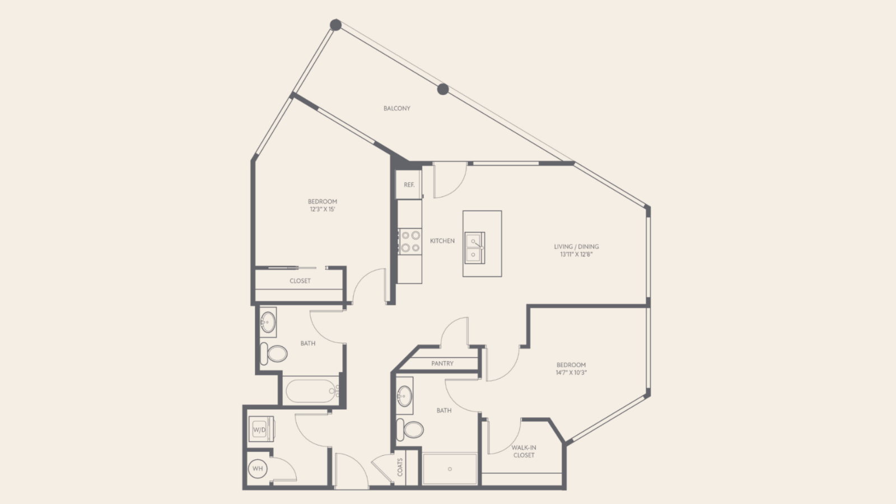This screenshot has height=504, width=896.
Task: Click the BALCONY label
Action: [x=397, y=109]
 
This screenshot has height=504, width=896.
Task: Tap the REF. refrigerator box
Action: [x=409, y=184]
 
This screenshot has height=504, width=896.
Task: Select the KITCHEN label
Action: [x=442, y=241]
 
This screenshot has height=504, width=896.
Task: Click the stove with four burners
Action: [x=410, y=241]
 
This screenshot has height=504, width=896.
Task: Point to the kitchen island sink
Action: [x=475, y=248]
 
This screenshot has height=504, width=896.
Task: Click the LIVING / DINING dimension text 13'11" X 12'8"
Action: [x=576, y=254]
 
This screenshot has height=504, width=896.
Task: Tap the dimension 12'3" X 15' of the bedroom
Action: [x=322, y=209]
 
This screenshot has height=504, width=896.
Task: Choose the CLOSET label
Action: [x=300, y=281]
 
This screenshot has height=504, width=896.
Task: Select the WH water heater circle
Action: [x=258, y=468]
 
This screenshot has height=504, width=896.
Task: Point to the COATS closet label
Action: [x=400, y=467]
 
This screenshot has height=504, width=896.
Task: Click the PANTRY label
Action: [x=442, y=363]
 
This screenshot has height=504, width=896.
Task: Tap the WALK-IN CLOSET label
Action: [x=524, y=451]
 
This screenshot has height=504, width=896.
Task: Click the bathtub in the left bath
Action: [x=311, y=391]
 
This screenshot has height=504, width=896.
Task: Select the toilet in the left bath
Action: [x=274, y=353]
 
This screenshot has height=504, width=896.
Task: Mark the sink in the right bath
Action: [x=404, y=395]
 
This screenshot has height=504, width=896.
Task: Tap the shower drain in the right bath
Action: [x=450, y=469]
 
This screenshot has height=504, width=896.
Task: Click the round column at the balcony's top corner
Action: [x=335, y=25]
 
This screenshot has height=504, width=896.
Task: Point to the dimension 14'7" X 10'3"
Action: [x=571, y=373]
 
